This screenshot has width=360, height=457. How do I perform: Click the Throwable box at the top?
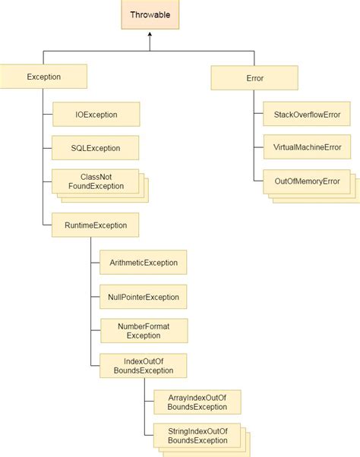point(150,15)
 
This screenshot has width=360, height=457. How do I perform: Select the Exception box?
point(44,76)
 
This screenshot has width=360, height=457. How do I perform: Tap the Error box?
point(253,77)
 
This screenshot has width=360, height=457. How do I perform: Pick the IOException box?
point(95,115)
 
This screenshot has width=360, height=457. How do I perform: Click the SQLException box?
point(95,147)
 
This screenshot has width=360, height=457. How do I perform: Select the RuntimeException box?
point(95,225)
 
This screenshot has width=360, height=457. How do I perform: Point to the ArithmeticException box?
point(144,263)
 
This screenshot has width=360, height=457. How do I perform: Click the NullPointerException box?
point(144,297)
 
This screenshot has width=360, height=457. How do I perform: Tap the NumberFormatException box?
point(144,330)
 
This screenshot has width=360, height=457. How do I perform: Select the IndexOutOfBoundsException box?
point(144,366)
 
